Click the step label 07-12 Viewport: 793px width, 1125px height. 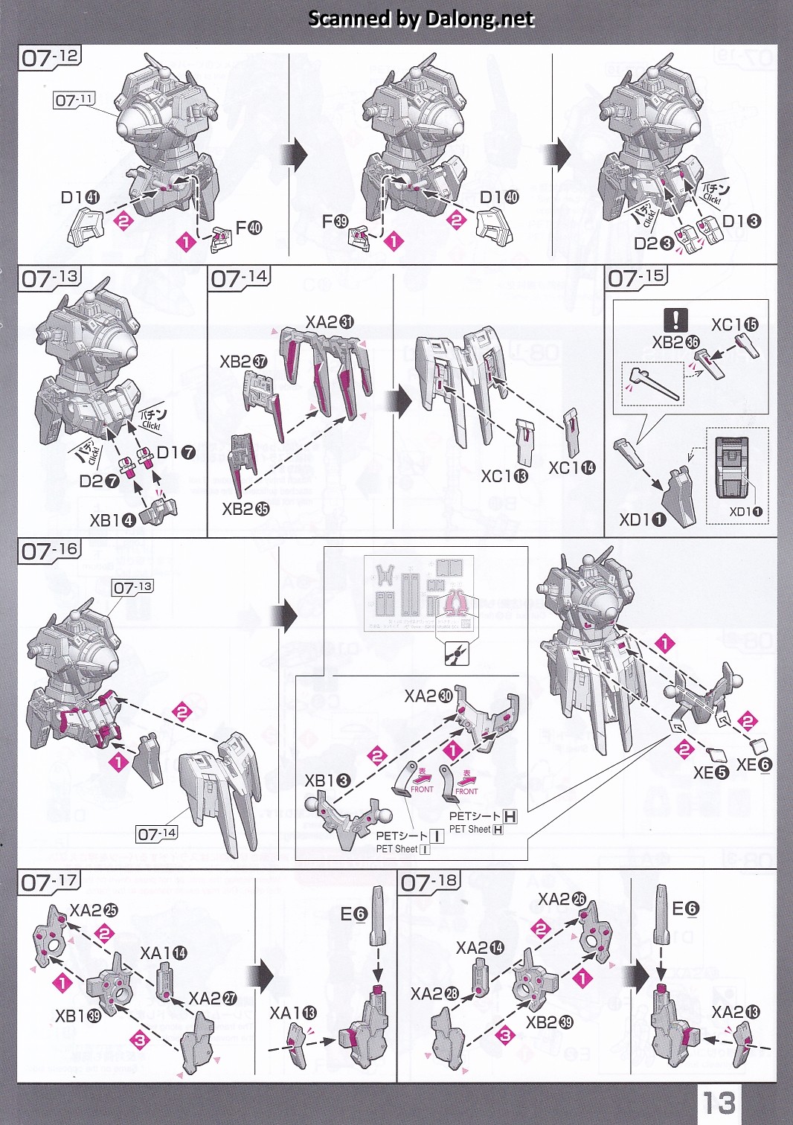click(x=49, y=57)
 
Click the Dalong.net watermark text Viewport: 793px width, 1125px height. click(x=421, y=19)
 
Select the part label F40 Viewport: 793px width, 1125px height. click(x=248, y=227)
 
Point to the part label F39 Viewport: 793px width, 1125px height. click(x=335, y=221)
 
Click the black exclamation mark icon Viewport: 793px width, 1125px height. click(x=675, y=320)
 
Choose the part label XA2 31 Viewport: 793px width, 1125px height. click(x=330, y=322)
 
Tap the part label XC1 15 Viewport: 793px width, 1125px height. click(x=734, y=324)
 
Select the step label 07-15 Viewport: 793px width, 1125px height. click(x=637, y=278)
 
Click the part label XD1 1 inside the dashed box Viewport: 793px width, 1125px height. click(x=745, y=512)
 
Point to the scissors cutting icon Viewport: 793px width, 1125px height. click(x=454, y=655)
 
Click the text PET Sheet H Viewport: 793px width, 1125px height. click(x=476, y=830)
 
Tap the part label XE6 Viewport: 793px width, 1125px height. click(x=754, y=764)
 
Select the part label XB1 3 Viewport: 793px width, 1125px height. click(x=327, y=781)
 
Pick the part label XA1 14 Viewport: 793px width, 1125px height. click(x=164, y=953)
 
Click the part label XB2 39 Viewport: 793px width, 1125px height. click(x=549, y=1022)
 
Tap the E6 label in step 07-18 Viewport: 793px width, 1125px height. click(x=685, y=908)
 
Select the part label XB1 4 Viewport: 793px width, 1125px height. click(x=112, y=520)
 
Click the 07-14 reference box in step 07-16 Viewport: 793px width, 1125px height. click(x=157, y=834)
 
